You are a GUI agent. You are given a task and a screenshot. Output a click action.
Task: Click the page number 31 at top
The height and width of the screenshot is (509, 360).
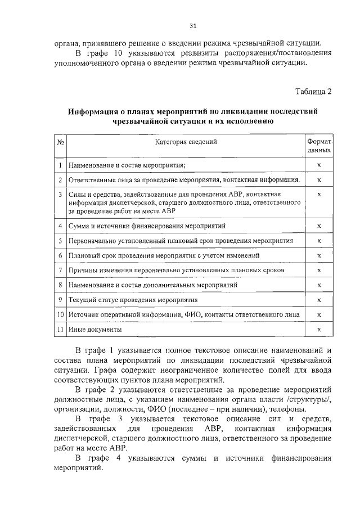193,26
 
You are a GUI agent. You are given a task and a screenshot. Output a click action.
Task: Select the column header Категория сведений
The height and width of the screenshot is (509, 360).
186,142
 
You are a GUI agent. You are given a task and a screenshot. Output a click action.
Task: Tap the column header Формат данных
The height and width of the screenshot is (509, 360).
319,146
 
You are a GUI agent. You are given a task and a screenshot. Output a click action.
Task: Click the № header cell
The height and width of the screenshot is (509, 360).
60,142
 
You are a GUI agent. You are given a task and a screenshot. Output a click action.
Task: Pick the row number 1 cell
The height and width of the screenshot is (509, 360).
60,165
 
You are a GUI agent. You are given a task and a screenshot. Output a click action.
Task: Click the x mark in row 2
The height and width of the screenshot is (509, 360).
319,179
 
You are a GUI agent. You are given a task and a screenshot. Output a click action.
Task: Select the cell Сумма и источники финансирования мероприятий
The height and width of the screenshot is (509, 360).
147,226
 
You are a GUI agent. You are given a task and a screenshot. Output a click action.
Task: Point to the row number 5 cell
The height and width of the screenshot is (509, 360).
60,241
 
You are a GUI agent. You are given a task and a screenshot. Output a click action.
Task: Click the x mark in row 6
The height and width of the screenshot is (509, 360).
319,256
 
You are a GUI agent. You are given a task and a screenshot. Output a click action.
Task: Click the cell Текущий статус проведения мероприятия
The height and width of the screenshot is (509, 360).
133,300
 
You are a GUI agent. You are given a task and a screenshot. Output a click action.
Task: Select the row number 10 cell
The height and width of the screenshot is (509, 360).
60,315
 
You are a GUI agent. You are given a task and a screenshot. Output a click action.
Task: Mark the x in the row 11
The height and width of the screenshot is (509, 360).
319,330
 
